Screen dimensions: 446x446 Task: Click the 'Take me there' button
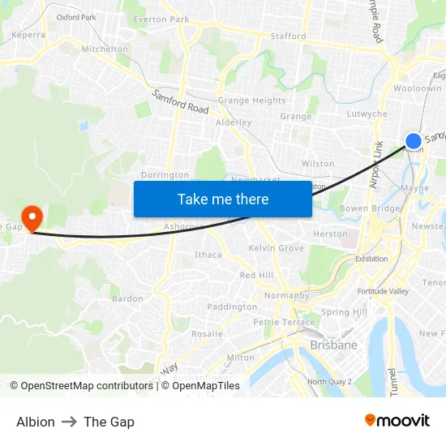pyautogui.click(x=223, y=199)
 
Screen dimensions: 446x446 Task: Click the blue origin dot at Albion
pyautogui.click(x=414, y=140)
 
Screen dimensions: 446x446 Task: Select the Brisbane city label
pyautogui.click(x=333, y=345)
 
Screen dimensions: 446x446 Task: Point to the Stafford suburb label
pyautogui.click(x=288, y=36)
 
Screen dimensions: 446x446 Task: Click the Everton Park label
pyautogui.click(x=161, y=19)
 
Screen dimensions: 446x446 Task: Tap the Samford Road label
pyautogui.click(x=180, y=101)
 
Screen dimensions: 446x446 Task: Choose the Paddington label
pyautogui.click(x=232, y=307)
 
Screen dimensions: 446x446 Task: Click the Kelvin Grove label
pyautogui.click(x=277, y=247)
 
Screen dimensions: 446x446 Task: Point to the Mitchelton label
pyautogui.click(x=105, y=49)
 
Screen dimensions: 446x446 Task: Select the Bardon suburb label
pyautogui.click(x=127, y=298)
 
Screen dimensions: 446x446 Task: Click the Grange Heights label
pyautogui.click(x=251, y=101)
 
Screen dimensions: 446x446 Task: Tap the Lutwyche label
pyautogui.click(x=367, y=114)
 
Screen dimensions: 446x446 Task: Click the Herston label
pyautogui.click(x=330, y=234)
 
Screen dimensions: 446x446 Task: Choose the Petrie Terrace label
pyautogui.click(x=283, y=322)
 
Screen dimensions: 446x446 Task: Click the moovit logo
pyautogui.click(x=397, y=420)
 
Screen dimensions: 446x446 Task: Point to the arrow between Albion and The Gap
pyautogui.click(x=69, y=422)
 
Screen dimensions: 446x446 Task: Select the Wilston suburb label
pyautogui.click(x=318, y=164)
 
